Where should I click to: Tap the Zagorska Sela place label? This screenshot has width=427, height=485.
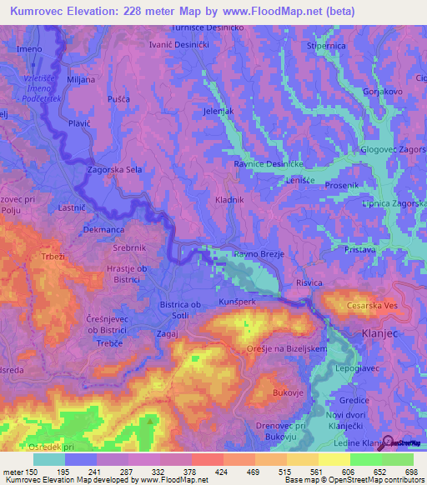tap(117, 169)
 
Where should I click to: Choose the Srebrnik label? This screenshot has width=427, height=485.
tap(129, 248)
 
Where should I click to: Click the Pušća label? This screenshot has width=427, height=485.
tap(118, 99)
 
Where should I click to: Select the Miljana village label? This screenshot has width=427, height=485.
tap(81, 79)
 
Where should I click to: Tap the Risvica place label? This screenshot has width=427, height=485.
tap(308, 283)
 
